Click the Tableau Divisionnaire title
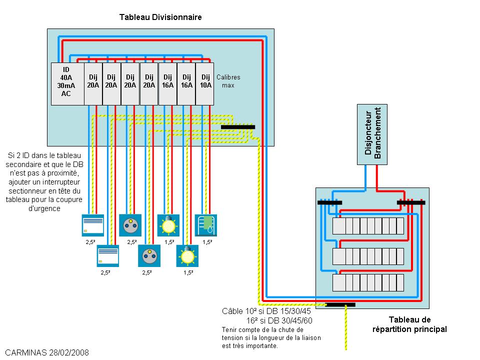pos(160,17)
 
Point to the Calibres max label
pos(228,81)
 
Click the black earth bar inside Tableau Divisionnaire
pos(237,127)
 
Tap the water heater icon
pos(205,225)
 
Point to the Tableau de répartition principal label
pos(409,324)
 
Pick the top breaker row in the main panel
pos(368,226)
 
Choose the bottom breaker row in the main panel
pos(368,282)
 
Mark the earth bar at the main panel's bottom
pos(340,304)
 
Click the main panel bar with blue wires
pos(330,202)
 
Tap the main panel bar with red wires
pos(411,202)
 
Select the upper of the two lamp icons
pos(168,225)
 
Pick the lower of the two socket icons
pos(149,256)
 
